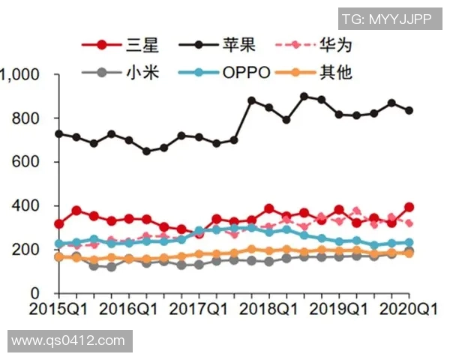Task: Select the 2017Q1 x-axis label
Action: pos(199,309)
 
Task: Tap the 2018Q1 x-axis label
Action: pos(269,309)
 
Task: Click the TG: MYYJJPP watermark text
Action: pos(386,19)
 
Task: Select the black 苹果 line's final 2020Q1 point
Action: pos(409,110)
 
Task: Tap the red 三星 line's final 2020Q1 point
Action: pos(409,207)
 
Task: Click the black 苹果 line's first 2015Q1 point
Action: pos(58,133)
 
